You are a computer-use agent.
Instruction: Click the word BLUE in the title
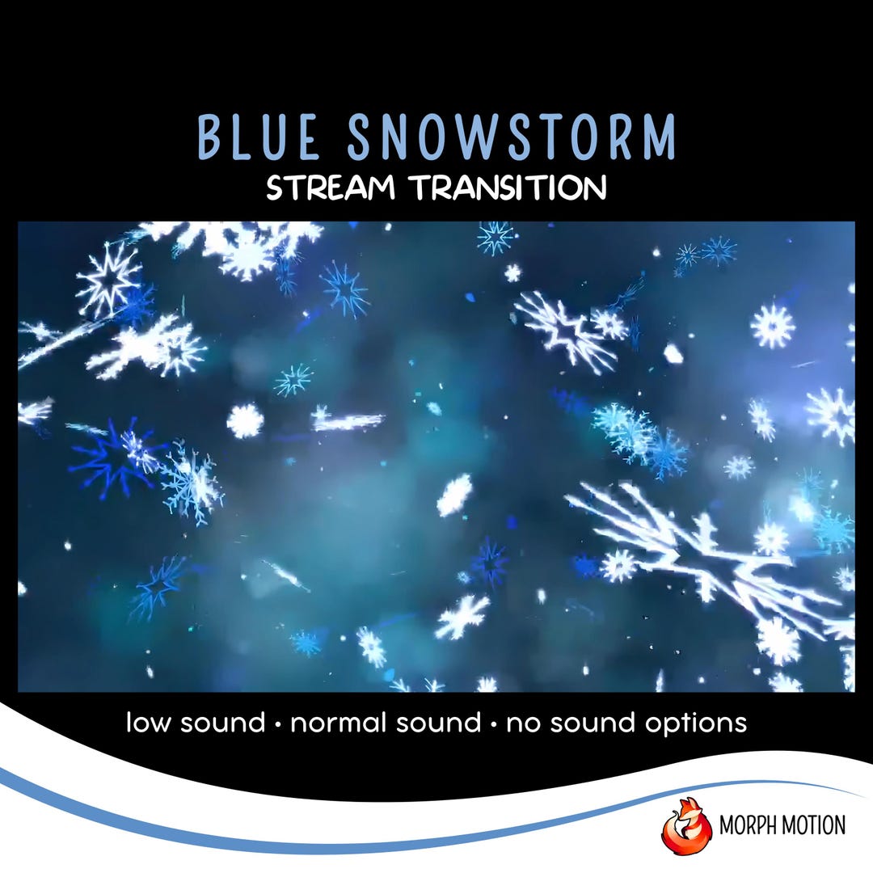[x=259, y=138]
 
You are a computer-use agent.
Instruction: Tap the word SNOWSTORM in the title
[x=512, y=138]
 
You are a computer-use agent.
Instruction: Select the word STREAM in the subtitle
[x=331, y=188]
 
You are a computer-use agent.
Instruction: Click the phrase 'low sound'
[x=196, y=722]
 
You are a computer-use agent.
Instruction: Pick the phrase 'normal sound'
[x=386, y=722]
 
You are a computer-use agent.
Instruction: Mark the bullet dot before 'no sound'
[x=494, y=723]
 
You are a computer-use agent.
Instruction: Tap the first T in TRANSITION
[x=421, y=188]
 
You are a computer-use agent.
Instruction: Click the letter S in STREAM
[x=276, y=188]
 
